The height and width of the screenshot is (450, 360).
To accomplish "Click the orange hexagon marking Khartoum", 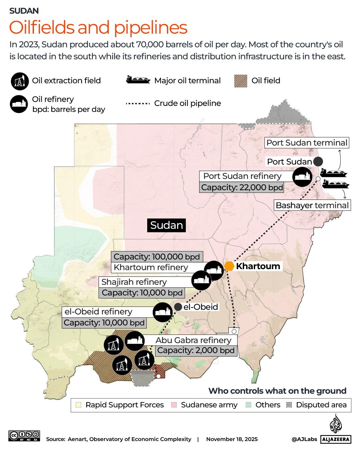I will pos(229,266).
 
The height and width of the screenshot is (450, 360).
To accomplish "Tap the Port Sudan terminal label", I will pos(307,143).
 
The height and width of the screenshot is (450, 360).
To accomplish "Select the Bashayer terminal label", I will pos(312,205).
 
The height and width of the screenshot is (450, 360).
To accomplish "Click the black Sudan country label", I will pos(167,225).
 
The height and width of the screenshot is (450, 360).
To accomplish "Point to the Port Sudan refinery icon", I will pos(302,176).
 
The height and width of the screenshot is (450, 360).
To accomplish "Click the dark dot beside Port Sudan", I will pos(318,162).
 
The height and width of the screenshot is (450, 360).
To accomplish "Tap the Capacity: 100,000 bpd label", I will pos(157,257).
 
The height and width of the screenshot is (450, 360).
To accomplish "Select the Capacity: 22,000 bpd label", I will pos(242,188).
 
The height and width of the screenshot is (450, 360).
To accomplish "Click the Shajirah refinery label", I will pos(134,282).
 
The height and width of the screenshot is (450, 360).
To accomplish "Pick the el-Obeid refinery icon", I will pos(163,312).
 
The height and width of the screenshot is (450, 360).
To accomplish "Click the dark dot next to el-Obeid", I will pos(178,307).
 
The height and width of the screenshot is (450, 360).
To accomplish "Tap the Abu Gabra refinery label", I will pos(193,340).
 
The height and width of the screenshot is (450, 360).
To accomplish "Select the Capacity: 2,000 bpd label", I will pos(196,350).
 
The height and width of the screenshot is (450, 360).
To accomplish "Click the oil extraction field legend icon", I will pos(20,81).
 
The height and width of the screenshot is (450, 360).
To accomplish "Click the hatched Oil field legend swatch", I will pos(240,81).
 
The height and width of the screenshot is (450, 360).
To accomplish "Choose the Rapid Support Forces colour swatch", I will pos(79,405).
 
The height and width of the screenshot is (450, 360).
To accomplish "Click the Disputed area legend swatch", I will pos(289,405).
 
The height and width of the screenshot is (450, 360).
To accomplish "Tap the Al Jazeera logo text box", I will pos(336,439).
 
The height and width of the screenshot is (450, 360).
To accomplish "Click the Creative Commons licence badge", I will pos(24,436).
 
